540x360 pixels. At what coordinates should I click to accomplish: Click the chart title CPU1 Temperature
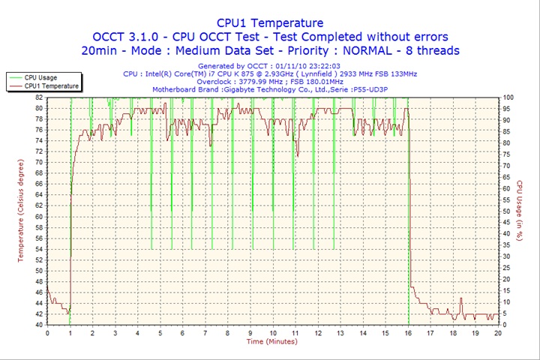[270, 23]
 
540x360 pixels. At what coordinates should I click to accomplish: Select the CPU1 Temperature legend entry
[51, 86]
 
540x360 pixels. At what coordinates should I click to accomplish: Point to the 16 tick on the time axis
[408, 332]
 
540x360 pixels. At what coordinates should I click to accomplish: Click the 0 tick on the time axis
[47, 332]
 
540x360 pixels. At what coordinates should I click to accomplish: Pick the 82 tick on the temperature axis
[39, 97]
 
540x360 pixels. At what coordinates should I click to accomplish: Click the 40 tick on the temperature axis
[39, 325]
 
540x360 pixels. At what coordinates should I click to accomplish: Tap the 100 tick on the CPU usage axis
[508, 97]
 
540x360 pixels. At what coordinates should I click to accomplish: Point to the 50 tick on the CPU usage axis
[507, 211]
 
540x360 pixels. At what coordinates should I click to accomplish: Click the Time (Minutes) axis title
[271, 341]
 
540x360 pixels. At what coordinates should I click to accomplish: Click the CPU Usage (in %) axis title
[518, 211]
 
